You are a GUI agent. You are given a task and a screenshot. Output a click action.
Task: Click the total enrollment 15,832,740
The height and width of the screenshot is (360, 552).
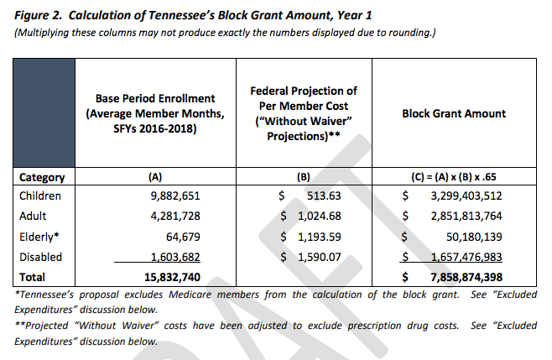click(171, 276)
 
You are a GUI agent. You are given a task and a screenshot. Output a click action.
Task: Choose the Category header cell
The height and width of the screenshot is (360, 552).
click(42, 177)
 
